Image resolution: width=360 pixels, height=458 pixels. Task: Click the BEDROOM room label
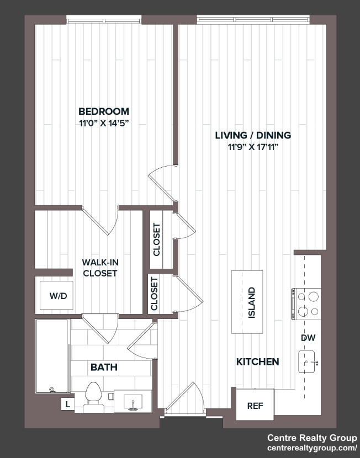click(104, 111)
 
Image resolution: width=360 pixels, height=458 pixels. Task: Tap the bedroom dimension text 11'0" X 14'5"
click(104, 124)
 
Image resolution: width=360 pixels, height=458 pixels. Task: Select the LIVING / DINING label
click(253, 135)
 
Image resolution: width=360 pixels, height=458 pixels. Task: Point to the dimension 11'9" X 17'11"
click(253, 147)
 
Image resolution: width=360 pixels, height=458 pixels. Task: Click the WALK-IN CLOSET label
click(100, 268)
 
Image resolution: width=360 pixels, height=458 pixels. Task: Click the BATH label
click(104, 367)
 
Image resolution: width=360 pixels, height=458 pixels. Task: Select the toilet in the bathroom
click(93, 397)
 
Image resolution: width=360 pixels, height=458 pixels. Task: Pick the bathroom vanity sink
click(133, 402)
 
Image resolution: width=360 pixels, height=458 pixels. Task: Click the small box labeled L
click(68, 404)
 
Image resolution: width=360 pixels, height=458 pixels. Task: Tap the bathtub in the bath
click(52, 356)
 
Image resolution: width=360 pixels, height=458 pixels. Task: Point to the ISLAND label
click(251, 302)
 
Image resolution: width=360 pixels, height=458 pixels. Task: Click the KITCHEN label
click(258, 362)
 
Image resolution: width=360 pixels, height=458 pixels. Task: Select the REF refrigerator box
click(255, 404)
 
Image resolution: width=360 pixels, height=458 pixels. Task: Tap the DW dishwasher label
click(308, 338)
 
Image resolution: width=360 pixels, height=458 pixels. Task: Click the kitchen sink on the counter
click(307, 362)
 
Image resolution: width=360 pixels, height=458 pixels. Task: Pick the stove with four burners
click(306, 304)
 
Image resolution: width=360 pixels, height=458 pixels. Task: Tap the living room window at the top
click(253, 19)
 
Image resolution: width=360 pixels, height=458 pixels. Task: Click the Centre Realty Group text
click(312, 438)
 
